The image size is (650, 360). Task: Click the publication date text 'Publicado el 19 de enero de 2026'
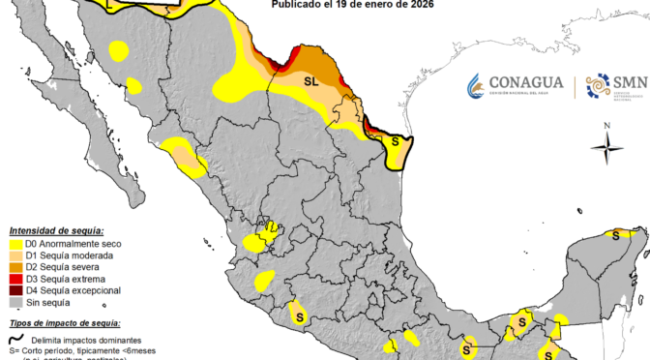tap(352, 5)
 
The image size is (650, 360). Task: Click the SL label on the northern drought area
tap(311, 81)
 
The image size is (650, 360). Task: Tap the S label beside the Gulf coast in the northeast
tap(395, 141)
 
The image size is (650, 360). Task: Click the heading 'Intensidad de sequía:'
tap(56, 230)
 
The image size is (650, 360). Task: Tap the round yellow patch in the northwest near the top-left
tap(120, 50)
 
